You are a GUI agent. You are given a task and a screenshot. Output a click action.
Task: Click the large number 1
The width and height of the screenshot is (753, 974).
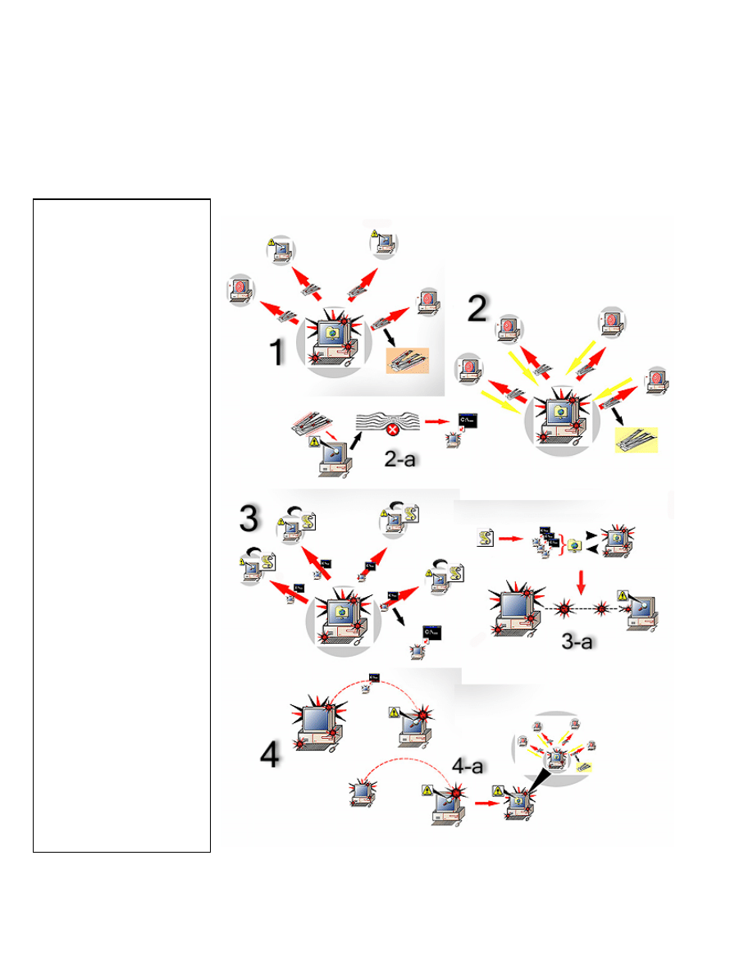(x=277, y=352)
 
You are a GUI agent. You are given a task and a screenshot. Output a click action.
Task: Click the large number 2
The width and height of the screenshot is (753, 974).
(x=477, y=308)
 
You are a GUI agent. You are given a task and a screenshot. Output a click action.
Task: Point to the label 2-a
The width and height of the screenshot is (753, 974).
(x=399, y=459)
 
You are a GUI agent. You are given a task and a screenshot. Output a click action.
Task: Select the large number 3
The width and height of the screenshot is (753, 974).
(x=249, y=518)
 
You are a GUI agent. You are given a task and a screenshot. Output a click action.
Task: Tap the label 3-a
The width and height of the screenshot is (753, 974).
(x=577, y=641)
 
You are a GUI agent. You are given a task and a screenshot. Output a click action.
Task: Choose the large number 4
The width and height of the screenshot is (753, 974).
(x=270, y=755)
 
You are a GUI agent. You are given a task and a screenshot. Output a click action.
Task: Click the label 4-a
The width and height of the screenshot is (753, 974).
(x=468, y=766)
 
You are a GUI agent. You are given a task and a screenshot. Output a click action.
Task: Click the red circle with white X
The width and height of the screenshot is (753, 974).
(x=392, y=430)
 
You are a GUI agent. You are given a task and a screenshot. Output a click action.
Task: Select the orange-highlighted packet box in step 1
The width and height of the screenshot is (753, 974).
(x=408, y=360)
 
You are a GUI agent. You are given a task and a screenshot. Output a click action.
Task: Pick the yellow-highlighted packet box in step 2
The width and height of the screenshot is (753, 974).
(x=637, y=439)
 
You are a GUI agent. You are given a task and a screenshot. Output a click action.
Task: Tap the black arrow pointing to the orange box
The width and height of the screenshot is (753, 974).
(x=390, y=338)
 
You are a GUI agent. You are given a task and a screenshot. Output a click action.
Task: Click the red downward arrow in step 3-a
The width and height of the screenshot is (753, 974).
(x=581, y=582)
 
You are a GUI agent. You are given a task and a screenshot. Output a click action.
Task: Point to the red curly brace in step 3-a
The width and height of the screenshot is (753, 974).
(x=562, y=544)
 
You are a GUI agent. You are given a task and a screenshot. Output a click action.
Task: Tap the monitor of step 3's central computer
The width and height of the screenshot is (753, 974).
(x=340, y=611)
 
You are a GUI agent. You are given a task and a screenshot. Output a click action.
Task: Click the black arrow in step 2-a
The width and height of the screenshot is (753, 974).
(x=356, y=441)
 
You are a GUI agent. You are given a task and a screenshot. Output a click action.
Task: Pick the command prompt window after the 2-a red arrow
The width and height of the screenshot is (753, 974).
(x=468, y=421)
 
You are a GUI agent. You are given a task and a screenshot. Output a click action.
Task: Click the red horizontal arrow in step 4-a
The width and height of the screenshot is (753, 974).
(x=487, y=803)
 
